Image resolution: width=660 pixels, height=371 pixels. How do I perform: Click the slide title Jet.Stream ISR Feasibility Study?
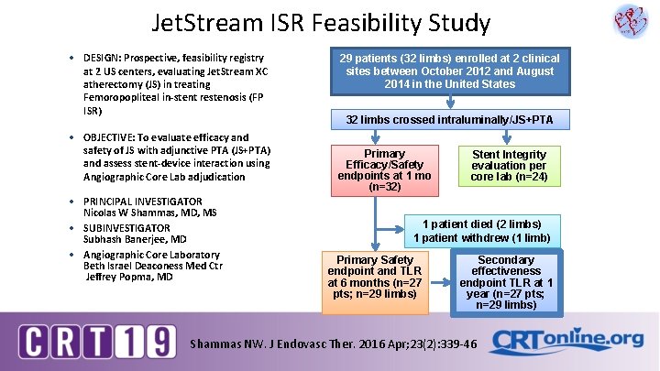tap(308, 23)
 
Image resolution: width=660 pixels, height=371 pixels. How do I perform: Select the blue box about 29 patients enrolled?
tap(450, 71)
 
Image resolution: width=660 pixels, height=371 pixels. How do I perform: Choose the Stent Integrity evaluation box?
tap(508, 166)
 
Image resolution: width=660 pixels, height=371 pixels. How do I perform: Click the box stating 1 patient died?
tap(481, 231)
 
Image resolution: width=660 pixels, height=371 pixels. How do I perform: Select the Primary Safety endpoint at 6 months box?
tap(374, 278)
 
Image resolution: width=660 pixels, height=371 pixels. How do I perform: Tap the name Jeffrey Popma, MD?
tap(129, 276)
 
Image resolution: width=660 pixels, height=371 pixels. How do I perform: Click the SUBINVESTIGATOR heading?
tap(126, 228)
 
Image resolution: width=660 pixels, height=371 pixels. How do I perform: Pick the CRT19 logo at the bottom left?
tap(97, 341)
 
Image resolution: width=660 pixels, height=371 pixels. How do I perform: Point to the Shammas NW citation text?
tap(332, 344)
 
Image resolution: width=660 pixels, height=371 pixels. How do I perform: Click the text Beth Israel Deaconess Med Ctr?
tap(153, 266)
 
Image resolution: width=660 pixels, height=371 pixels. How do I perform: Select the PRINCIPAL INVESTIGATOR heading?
tap(142, 202)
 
